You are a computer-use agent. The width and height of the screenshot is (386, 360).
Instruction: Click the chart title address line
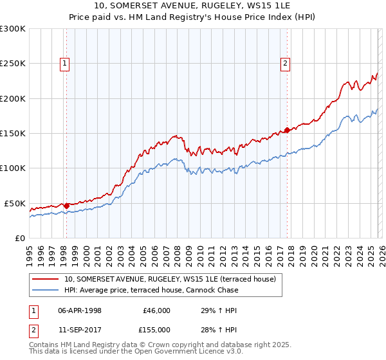pyautogui.click(x=193, y=6)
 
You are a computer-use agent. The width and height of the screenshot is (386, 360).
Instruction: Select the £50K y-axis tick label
pyautogui.click(x=15, y=203)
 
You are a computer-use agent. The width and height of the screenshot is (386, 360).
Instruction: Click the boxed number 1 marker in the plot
pyautogui.click(x=66, y=63)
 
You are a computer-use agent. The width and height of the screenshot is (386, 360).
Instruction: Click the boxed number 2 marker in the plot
pyautogui.click(x=284, y=63)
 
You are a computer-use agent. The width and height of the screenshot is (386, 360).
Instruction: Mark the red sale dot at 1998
pyautogui.click(x=66, y=206)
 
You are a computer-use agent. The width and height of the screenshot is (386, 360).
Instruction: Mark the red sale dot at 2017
pyautogui.click(x=287, y=130)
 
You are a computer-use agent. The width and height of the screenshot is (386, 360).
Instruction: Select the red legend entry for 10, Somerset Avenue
pyautogui.click(x=170, y=279)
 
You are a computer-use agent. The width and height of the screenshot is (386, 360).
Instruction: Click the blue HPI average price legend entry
pyautogui.click(x=151, y=290)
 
